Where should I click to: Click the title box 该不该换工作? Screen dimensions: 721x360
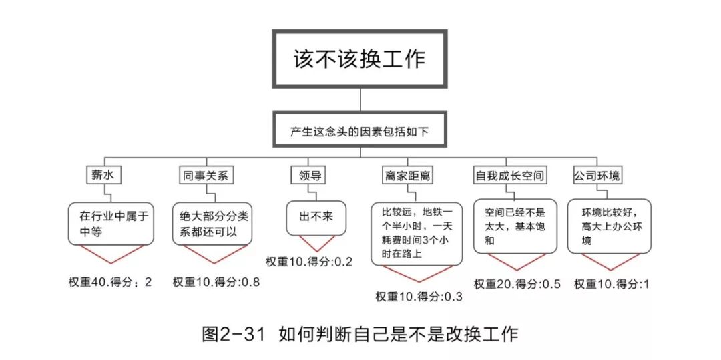click(359, 59)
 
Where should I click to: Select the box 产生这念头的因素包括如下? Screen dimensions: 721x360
click(359, 132)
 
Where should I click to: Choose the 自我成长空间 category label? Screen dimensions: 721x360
click(511, 176)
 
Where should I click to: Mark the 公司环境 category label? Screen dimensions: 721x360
click(597, 176)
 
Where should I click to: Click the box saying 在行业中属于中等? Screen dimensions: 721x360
click(111, 224)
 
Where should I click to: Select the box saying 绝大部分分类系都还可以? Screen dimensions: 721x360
click(214, 224)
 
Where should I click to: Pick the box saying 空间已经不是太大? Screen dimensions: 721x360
click(515, 226)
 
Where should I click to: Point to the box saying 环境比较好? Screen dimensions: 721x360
click(609, 226)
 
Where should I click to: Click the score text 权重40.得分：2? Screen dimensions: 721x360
click(110, 281)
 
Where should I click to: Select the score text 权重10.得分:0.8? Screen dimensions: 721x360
click(216, 281)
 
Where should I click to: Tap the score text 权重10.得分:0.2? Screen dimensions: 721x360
click(309, 261)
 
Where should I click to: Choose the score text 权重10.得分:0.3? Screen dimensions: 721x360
click(419, 297)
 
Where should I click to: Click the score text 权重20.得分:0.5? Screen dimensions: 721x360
click(517, 283)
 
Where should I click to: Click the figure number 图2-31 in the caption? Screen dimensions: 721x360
click(234, 333)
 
